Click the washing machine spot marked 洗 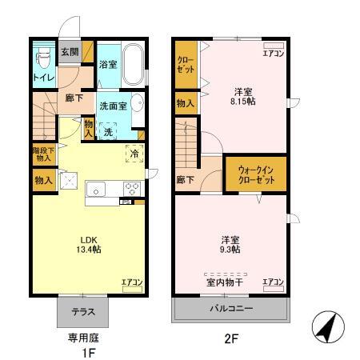(107, 131)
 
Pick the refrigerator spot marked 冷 (133, 154)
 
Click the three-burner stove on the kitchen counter (130, 190)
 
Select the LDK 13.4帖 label (90, 244)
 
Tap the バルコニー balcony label (232, 307)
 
